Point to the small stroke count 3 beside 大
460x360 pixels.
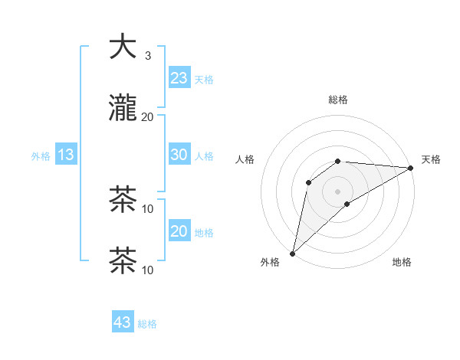click(148, 56)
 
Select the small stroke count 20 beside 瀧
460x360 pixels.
click(148, 117)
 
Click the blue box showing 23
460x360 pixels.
click(179, 78)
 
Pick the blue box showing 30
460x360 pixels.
click(179, 155)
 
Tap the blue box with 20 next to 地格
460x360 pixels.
click(179, 231)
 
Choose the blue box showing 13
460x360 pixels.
click(66, 155)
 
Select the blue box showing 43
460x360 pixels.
click(123, 322)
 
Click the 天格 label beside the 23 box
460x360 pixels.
click(204, 80)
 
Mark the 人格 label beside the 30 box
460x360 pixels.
click(204, 156)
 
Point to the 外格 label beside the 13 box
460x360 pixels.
click(41, 156)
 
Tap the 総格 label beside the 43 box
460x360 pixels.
click(148, 324)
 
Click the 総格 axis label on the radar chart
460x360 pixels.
click(338, 100)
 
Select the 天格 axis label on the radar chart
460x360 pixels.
click(431, 159)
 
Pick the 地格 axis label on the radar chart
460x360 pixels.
click(402, 263)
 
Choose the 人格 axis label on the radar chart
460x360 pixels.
click(245, 159)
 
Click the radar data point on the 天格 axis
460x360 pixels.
click(411, 168)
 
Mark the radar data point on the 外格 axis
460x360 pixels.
click(292, 254)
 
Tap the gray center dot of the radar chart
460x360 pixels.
click(338, 191)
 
